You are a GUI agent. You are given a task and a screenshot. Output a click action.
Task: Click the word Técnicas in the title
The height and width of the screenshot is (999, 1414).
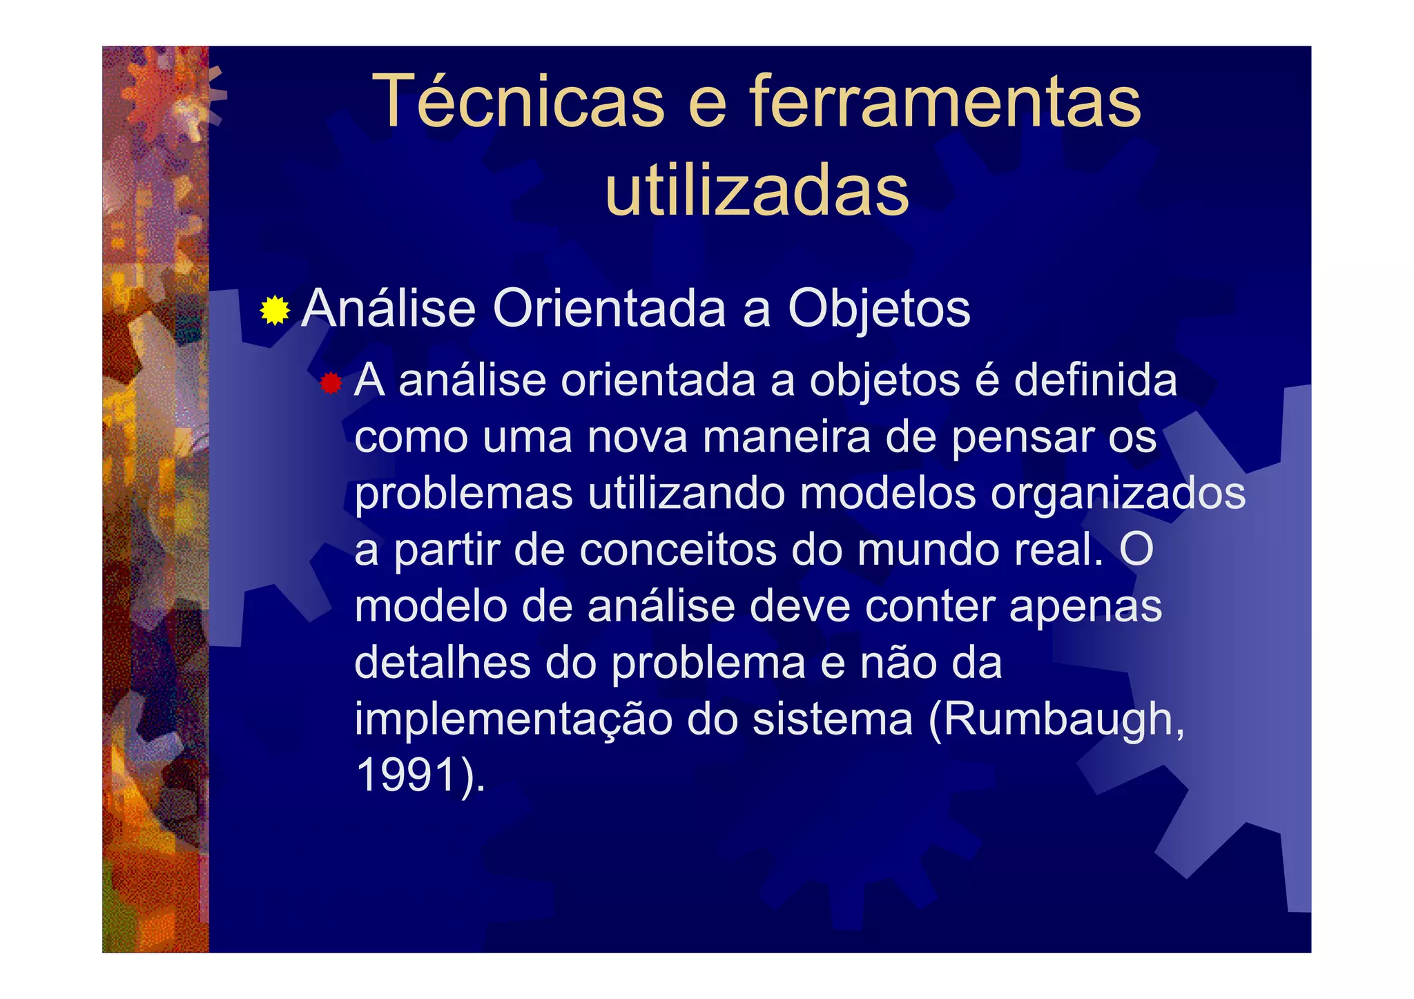point(519,102)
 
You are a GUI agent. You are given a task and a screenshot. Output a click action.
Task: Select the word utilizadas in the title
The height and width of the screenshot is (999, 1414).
point(757,191)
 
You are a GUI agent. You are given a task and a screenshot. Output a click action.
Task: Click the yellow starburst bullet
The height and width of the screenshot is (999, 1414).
point(275,310)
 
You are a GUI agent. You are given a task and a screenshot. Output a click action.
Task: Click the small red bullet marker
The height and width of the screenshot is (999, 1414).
point(331,383)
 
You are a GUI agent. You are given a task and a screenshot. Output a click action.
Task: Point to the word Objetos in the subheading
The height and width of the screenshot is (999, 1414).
point(879,309)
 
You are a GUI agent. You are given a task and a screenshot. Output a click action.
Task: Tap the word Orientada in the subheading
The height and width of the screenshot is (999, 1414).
point(609,309)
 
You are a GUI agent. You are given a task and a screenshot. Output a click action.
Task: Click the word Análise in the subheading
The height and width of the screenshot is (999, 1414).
point(389,309)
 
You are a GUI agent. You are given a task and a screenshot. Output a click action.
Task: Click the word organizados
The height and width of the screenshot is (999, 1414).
point(1118,494)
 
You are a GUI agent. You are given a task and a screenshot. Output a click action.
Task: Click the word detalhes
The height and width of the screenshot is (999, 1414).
point(442,663)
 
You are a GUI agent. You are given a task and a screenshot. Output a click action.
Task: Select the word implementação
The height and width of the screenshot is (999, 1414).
point(513,719)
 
